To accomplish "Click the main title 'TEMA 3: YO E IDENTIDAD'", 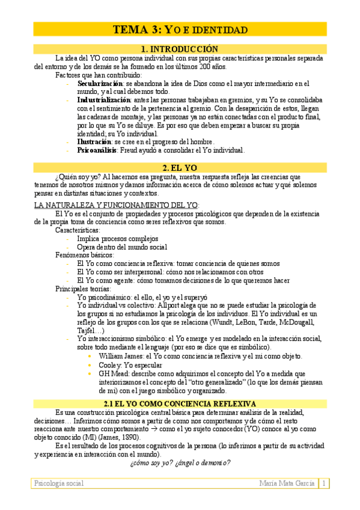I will tap(180, 29).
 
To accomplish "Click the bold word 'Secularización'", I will tap(100, 83).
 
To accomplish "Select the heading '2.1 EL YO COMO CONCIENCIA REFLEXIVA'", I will tap(180, 403).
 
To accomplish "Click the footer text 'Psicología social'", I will tap(59, 483).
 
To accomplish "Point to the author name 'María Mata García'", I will tap(287, 483).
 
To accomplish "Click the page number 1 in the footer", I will tap(323, 483).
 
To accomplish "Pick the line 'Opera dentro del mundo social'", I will tap(122, 247).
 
